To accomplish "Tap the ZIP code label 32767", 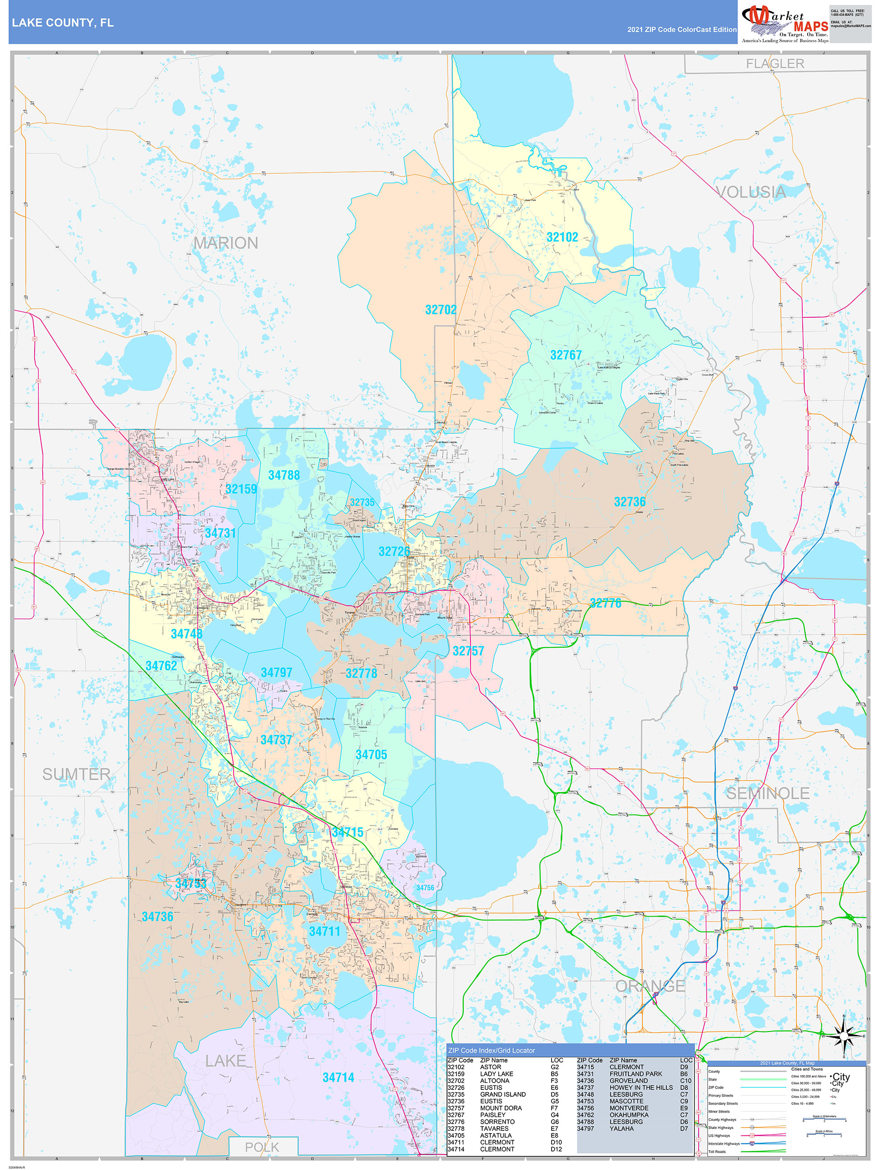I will coord(566,355).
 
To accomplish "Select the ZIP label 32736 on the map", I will coord(629,502).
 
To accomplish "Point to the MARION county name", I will coord(226,243).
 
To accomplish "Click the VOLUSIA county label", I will coord(750,192).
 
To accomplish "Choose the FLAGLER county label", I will coord(775,64).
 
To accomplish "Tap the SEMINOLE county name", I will coord(768,793).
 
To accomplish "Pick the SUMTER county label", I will coord(76,774).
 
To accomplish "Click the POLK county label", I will coord(262,1147).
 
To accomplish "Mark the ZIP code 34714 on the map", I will coord(338,1077).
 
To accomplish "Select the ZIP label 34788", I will coord(284,476).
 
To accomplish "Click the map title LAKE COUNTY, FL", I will coord(63,23).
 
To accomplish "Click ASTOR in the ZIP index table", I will coord(490,1067).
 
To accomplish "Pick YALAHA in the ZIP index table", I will coord(621,1129).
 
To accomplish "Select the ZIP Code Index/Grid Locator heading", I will coord(491,1050).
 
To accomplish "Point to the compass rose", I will coord(844,1034).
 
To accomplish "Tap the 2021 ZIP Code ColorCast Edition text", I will coord(682,30).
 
